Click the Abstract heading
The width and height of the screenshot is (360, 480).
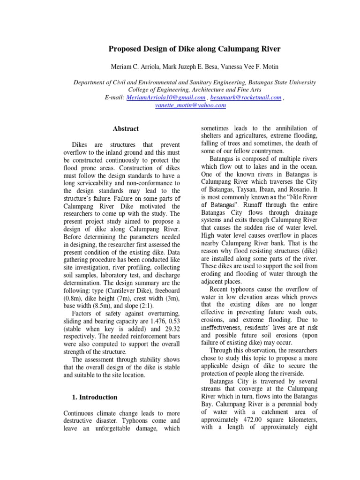[126, 128]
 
